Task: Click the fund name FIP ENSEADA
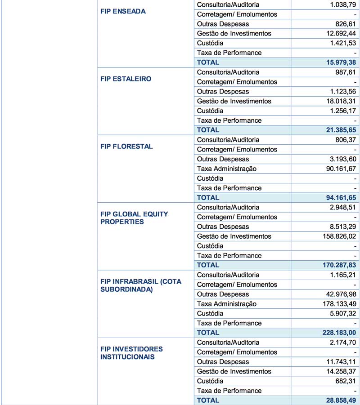(123, 11)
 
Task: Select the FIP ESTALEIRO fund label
(126, 79)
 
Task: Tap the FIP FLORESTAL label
(126, 146)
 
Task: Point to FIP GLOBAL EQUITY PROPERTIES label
(134, 218)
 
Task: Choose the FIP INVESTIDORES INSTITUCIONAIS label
(131, 353)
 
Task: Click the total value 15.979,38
(337, 62)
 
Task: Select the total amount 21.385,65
(337, 130)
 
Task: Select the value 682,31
(345, 381)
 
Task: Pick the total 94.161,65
(337, 197)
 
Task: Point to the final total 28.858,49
(337, 400)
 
